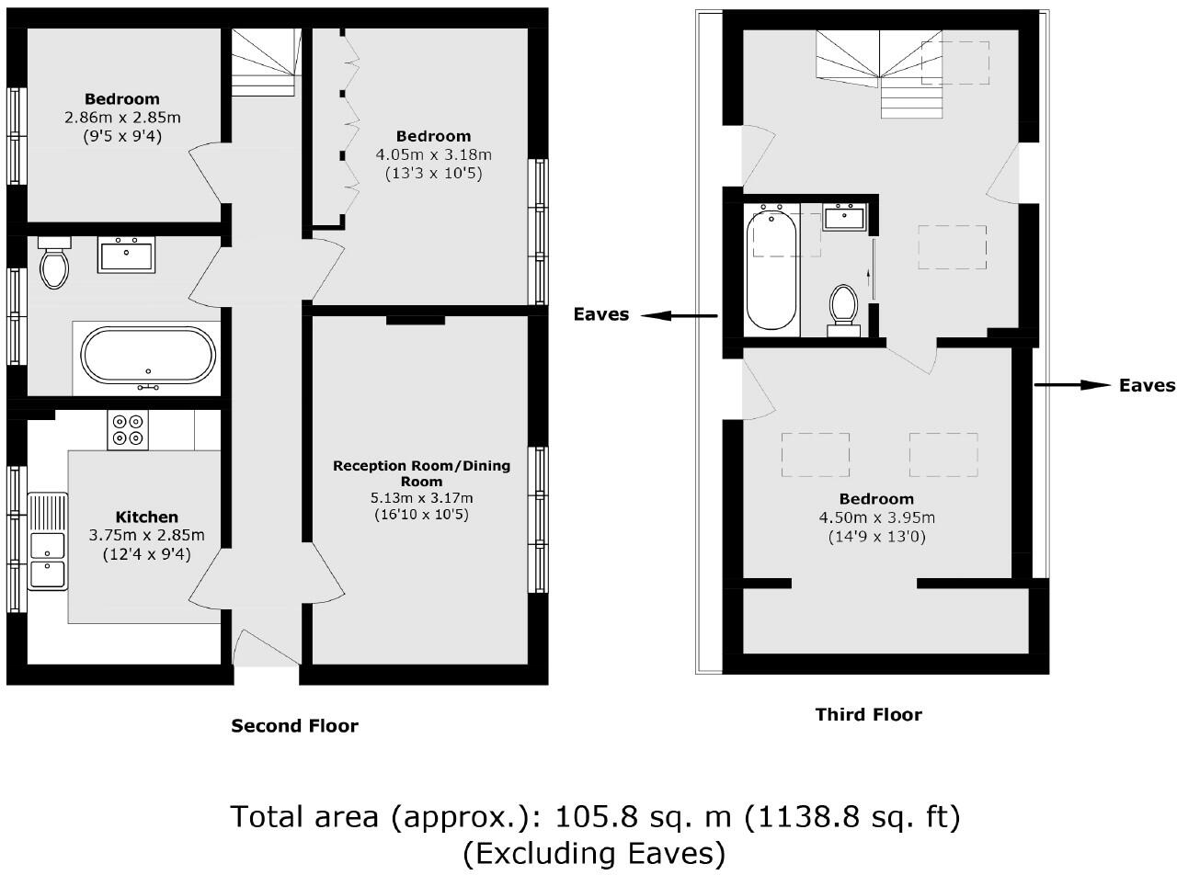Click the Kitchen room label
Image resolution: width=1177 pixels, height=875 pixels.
point(146,517)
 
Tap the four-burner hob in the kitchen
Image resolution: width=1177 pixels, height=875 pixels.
point(128,429)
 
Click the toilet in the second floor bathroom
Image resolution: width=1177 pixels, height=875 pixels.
point(55,264)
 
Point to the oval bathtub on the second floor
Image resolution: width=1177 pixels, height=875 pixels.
point(148,355)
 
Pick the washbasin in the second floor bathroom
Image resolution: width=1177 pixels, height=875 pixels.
point(126,255)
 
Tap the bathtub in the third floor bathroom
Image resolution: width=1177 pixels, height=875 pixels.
point(771,269)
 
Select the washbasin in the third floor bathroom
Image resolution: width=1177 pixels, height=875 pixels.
point(843,218)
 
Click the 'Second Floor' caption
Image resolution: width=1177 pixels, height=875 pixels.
point(294,726)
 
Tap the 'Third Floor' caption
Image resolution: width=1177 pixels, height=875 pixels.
point(868,714)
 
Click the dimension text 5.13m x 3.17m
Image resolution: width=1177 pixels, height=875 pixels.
point(421,498)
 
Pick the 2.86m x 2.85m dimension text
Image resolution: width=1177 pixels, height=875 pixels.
point(122,118)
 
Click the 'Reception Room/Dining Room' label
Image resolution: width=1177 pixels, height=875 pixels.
point(421,472)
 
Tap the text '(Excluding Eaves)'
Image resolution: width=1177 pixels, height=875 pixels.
point(593,854)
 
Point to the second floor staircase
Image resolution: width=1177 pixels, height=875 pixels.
point(265,60)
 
